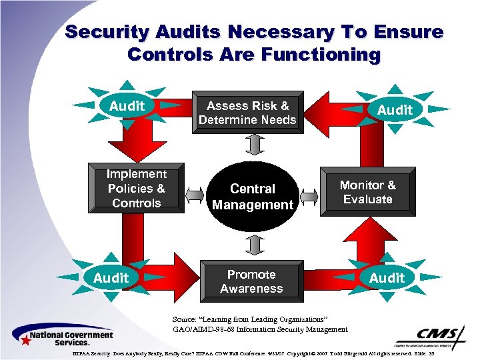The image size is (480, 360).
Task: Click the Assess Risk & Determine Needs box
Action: pos(247,113)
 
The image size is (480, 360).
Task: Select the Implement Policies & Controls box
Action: pos(136,189)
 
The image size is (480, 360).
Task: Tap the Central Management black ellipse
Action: pos(252,197)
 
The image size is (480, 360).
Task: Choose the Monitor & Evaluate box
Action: pos(367,192)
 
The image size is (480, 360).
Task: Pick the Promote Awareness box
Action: pos(251,281)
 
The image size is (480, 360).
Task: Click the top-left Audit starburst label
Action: pos(127,106)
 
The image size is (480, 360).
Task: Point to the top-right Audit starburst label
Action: pos(395,109)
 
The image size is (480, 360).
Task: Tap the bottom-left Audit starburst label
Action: pos(111,277)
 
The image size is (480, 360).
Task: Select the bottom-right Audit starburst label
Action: pos(387,277)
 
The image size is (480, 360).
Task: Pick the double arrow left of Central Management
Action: pos(195,195)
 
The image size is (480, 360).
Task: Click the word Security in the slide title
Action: pos(109,32)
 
